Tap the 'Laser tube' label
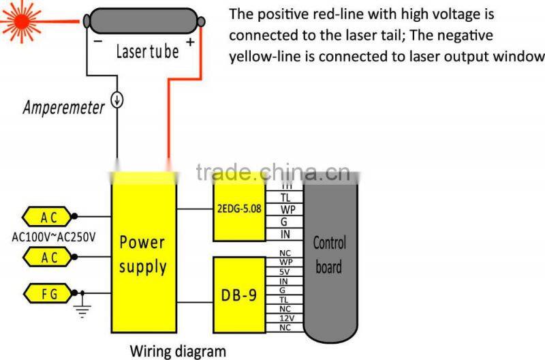point(148,51)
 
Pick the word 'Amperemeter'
point(64,107)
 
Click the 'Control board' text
point(329,254)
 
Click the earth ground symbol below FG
point(82,307)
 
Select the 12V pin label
point(285,318)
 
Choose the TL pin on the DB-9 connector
point(285,299)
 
